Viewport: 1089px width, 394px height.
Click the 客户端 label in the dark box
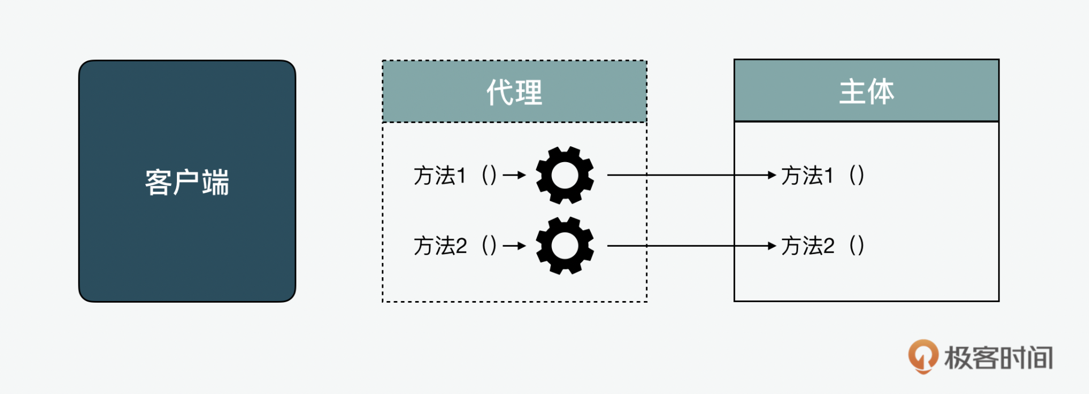pos(187,183)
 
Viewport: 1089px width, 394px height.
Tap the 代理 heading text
pos(514,92)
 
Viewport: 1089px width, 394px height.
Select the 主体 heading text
pos(866,91)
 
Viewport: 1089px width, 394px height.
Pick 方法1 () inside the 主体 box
pos(822,176)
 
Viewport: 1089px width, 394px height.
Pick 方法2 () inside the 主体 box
pos(822,246)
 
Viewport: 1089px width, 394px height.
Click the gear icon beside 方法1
pos(565,175)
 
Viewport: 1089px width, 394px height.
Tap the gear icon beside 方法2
pos(565,245)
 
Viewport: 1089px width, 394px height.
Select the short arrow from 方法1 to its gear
pos(514,176)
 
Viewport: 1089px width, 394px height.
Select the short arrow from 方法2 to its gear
pos(514,246)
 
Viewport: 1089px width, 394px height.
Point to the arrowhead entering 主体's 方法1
pos(771,175)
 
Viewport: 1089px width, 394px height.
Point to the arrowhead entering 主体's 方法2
pos(771,245)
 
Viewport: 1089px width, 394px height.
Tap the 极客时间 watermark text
pos(998,358)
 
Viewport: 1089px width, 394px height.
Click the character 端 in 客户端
pos(216,183)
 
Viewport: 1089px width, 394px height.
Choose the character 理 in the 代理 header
pos(529,92)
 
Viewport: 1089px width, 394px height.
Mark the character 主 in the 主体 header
pos(852,91)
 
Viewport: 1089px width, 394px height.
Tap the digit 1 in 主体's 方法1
pos(829,176)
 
